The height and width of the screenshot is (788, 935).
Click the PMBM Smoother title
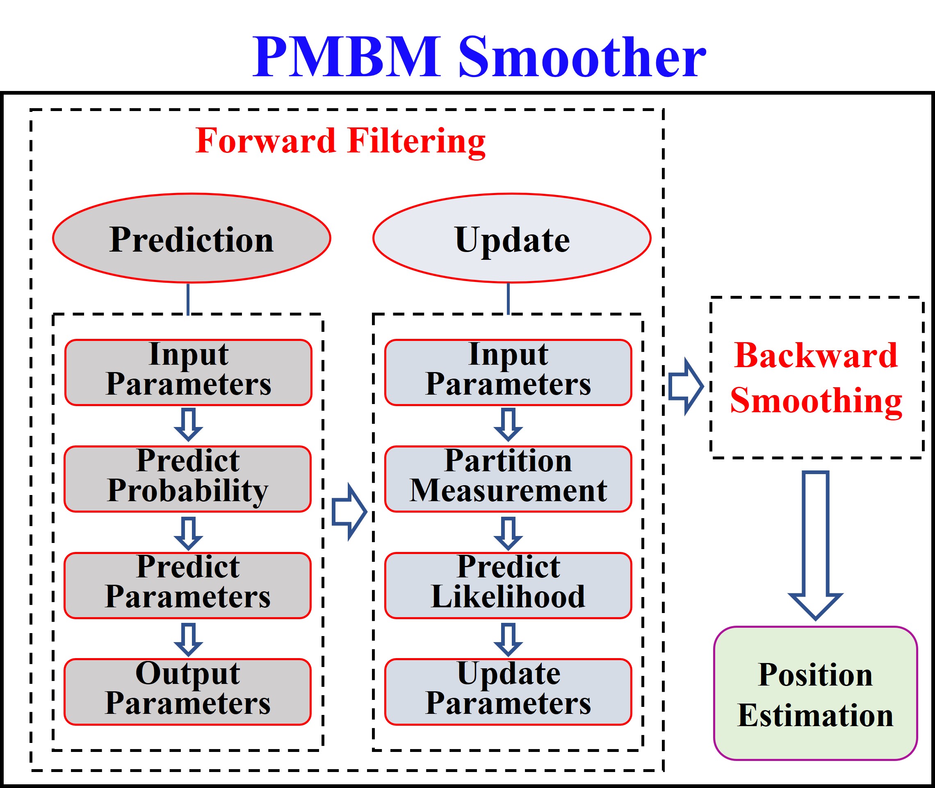coord(479,57)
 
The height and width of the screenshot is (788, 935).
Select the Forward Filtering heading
coord(340,141)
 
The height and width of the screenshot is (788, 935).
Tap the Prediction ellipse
coord(191,238)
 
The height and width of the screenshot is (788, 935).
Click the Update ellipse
coord(512,238)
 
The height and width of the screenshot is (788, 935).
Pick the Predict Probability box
coord(188,479)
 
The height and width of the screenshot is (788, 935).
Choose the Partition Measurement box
coord(508,479)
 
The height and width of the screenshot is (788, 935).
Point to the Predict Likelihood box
coord(508,585)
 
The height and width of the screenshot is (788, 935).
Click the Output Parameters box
coord(188,692)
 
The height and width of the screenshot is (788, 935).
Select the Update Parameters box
coord(508,692)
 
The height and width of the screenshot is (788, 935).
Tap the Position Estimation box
coord(815,694)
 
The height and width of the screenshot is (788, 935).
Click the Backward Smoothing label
coord(816,378)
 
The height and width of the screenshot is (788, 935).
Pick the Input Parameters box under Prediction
coord(188,372)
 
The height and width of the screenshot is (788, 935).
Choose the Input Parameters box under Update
coord(508,372)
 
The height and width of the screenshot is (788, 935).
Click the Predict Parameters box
coord(188,585)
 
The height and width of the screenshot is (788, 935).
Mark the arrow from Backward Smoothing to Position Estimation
coord(815,545)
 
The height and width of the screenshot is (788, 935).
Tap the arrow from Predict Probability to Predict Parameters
coord(188,534)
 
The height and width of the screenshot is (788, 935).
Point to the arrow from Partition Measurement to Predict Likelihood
coord(508,534)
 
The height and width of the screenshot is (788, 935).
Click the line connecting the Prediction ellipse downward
coord(188,298)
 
